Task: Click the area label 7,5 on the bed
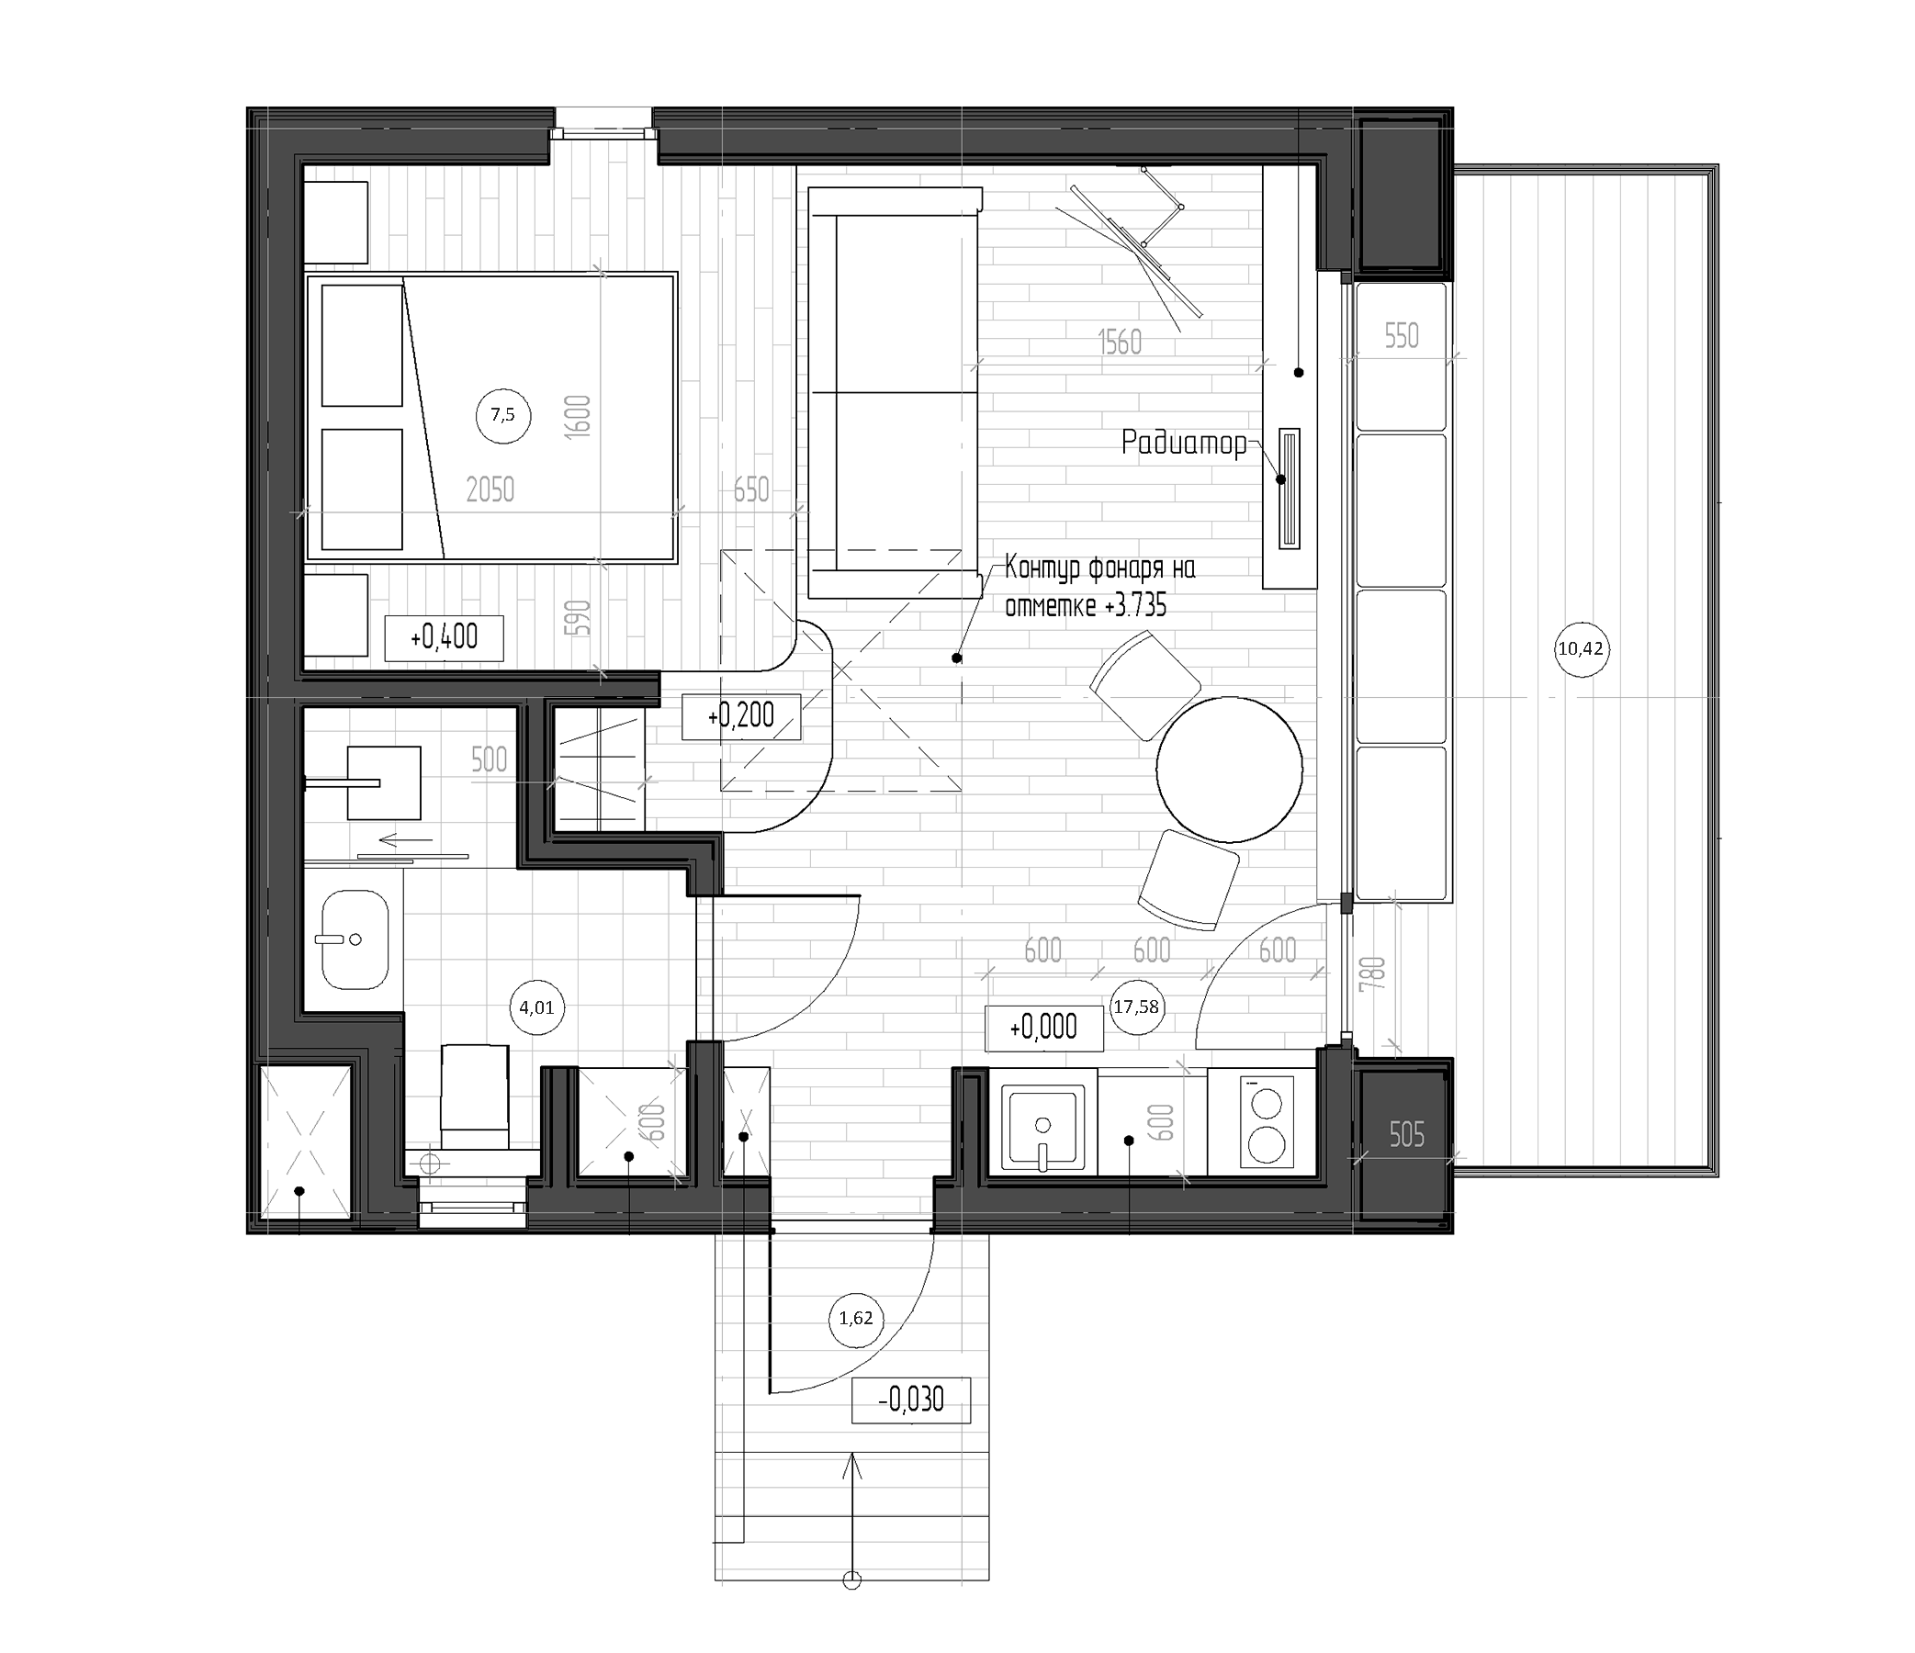pyautogui.click(x=502, y=416)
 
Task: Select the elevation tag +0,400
pyautogui.click(x=444, y=637)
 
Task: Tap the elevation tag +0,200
pyautogui.click(x=741, y=715)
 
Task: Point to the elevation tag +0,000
pyautogui.click(x=1043, y=1027)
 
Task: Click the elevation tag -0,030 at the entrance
pyautogui.click(x=910, y=1400)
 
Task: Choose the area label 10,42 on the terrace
pyautogui.click(x=1581, y=649)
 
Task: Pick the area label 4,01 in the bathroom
pyautogui.click(x=537, y=1007)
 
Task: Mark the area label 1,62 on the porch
pyautogui.click(x=855, y=1319)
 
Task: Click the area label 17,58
pyautogui.click(x=1136, y=1007)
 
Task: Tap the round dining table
pyautogui.click(x=1229, y=770)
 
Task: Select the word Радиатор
pyautogui.click(x=1184, y=444)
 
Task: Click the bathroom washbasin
pyautogui.click(x=354, y=939)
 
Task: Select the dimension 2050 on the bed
pyautogui.click(x=490, y=489)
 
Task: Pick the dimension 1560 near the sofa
pyautogui.click(x=1121, y=343)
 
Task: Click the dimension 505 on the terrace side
pyautogui.click(x=1407, y=1135)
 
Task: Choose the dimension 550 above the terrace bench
pyautogui.click(x=1402, y=336)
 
